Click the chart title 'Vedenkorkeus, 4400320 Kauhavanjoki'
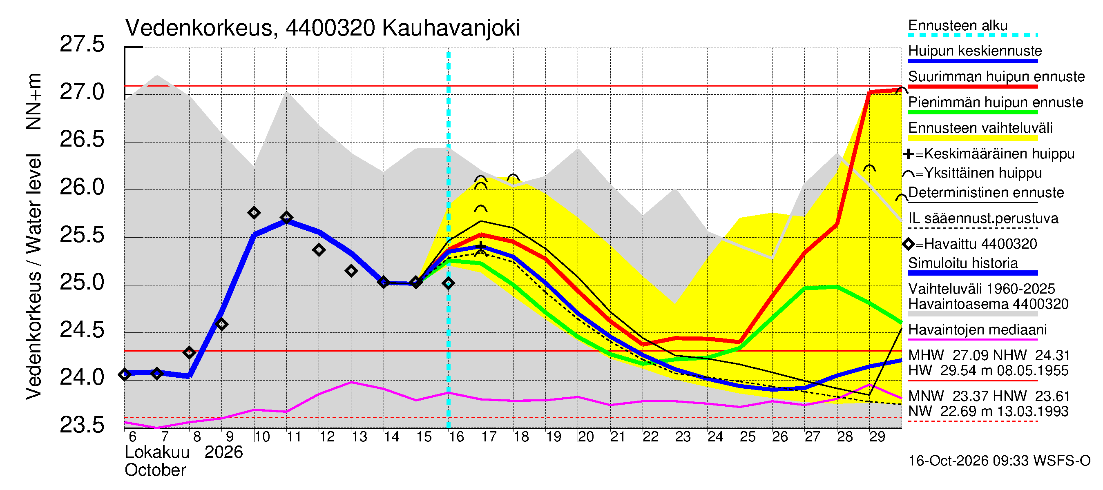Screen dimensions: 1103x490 322,28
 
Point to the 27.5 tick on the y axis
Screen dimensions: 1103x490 82,44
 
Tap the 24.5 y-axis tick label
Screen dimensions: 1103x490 82,330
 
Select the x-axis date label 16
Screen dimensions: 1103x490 456,437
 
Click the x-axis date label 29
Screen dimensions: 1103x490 877,437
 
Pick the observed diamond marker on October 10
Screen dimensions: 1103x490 254,213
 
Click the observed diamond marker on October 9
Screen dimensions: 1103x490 221,324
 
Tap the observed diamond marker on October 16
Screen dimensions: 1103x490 448,283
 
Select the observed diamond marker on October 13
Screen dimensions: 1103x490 351,271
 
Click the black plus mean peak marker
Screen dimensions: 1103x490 481,246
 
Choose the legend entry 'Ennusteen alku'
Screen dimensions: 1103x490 958,26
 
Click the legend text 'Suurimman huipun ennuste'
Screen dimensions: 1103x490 996,77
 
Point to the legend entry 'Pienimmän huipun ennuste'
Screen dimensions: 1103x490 996,102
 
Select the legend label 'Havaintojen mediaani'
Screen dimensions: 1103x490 978,330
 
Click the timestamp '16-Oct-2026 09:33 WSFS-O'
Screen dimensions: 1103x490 999,461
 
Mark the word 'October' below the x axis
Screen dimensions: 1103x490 155,470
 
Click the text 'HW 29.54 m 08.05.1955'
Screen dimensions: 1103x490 988,371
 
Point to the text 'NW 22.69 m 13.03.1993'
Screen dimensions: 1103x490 988,411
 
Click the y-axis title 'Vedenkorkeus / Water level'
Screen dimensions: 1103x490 33,277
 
